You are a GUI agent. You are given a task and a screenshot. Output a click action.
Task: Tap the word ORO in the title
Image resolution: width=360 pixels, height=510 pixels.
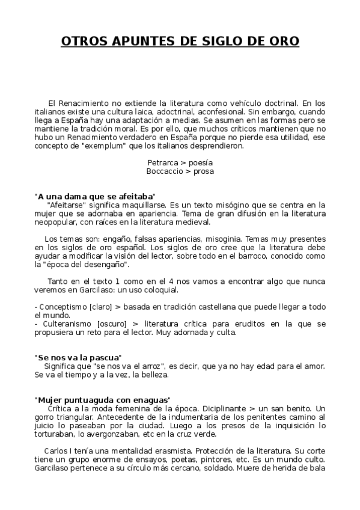pyautogui.click(x=282, y=41)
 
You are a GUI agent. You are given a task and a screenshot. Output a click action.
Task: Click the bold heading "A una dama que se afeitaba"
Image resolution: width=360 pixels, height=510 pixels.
pyautogui.click(x=96, y=196)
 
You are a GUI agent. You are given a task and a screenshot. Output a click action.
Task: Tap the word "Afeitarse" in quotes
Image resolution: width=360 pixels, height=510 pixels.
pyautogui.click(x=66, y=204)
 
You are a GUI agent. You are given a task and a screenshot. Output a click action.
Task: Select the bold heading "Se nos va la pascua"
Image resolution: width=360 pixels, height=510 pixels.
pyautogui.click(x=79, y=357)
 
